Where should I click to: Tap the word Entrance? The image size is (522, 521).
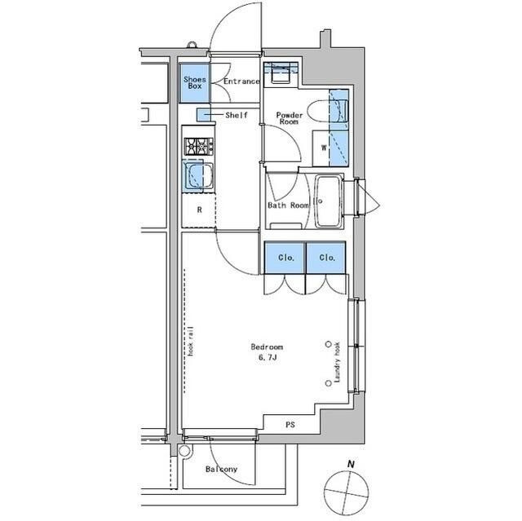tap(241, 82)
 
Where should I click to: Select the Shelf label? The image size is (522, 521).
tap(236, 116)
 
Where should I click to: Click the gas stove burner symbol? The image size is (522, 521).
tap(197, 147)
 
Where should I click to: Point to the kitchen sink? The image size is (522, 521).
tap(197, 175)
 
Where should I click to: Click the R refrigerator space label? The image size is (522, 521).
tap(198, 210)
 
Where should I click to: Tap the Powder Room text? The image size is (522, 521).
tap(289, 120)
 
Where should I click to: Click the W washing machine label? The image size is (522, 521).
tap(324, 148)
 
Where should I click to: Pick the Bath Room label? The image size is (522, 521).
tap(288, 205)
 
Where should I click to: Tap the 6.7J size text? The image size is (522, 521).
tap(268, 356)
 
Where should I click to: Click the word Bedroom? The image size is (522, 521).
tap(268, 347)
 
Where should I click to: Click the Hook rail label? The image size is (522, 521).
tap(191, 342)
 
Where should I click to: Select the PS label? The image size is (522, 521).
tap(290, 425)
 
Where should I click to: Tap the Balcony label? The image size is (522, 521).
tap(221, 470)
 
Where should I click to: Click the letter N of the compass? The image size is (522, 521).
tap(351, 465)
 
